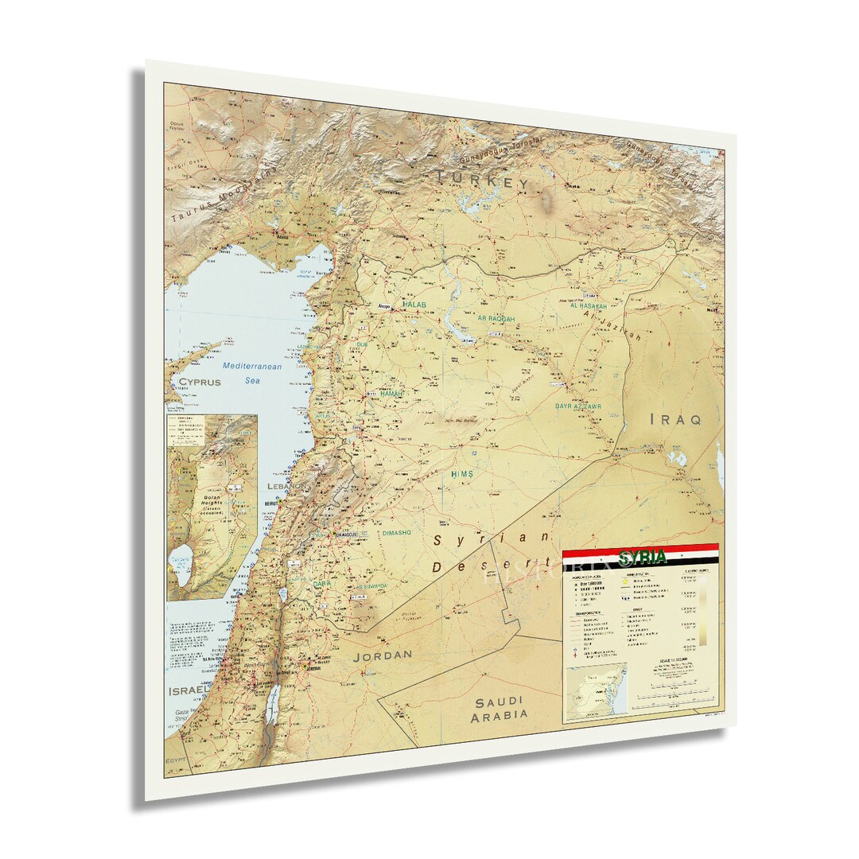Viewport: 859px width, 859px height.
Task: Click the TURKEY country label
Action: pyautogui.click(x=482, y=180)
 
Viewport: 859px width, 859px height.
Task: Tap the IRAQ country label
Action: pyautogui.click(x=675, y=419)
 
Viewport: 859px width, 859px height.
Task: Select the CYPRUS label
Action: pyautogui.click(x=199, y=382)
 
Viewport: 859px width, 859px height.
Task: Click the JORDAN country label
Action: pyautogui.click(x=383, y=655)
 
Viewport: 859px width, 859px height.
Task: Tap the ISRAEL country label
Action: pyautogui.click(x=188, y=692)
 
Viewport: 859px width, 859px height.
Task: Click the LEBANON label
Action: pyautogui.click(x=287, y=485)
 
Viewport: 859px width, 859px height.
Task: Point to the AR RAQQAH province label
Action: pyautogui.click(x=496, y=319)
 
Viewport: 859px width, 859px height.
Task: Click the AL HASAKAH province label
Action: pyautogui.click(x=588, y=306)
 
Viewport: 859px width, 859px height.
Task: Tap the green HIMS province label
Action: pyautogui.click(x=462, y=474)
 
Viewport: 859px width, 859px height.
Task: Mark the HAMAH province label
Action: pyautogui.click(x=391, y=394)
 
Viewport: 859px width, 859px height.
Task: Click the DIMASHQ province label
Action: pyautogui.click(x=396, y=533)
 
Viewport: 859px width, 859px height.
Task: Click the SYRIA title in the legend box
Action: pyautogui.click(x=642, y=557)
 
